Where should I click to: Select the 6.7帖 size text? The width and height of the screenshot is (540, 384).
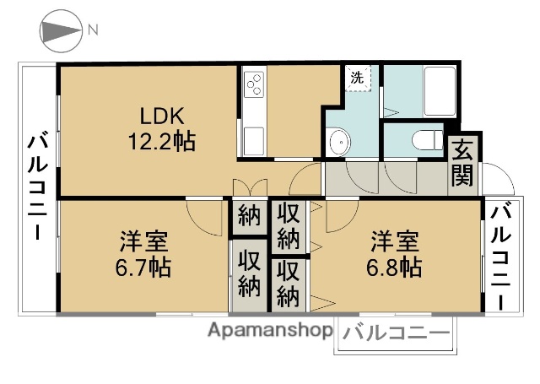[143, 268]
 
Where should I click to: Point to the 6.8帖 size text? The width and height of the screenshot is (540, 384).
[395, 268]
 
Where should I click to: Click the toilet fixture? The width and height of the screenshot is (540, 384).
[425, 138]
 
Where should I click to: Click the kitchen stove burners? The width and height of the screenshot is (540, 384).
[254, 85]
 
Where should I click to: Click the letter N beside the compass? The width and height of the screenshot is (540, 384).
[94, 31]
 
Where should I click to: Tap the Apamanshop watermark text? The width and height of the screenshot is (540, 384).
[269, 331]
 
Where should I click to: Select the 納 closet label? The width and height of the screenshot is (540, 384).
[247, 215]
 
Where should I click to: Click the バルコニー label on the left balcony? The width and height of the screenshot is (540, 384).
[36, 187]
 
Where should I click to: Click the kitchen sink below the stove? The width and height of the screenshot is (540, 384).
[254, 138]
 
